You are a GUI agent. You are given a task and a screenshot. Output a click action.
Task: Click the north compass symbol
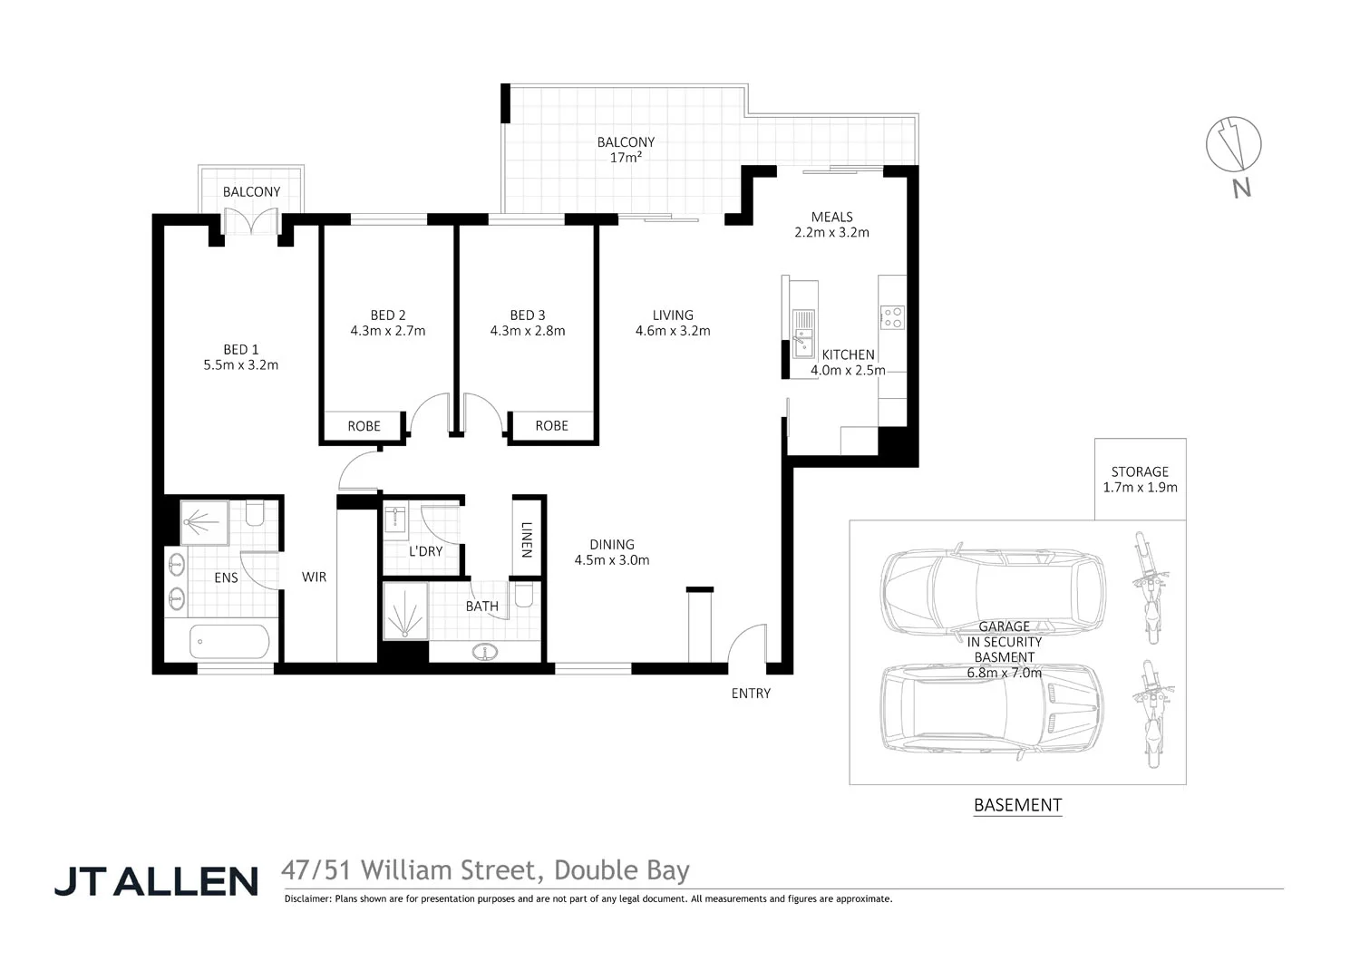tap(1233, 145)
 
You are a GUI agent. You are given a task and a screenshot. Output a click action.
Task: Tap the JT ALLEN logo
tap(156, 880)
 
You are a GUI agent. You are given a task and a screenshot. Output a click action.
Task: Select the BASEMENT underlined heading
tap(1017, 805)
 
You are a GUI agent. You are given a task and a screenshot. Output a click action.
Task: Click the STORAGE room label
tap(1140, 471)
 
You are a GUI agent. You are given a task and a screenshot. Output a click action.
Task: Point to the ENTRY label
tap(751, 694)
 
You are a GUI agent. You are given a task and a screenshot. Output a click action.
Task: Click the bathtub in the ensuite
tap(229, 642)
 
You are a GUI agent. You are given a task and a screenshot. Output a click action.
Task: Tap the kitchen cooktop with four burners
tap(892, 317)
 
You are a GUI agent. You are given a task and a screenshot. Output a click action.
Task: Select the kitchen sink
tap(803, 332)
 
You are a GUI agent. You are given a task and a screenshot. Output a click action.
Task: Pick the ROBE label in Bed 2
tap(364, 426)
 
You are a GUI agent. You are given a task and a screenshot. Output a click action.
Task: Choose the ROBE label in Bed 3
tap(551, 425)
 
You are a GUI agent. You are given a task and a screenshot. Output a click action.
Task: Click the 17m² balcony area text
tap(626, 158)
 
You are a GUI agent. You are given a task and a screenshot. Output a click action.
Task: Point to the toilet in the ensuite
tap(254, 515)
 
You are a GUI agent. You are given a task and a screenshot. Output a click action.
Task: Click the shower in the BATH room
tap(404, 611)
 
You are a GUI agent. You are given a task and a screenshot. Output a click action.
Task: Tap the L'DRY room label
tap(425, 551)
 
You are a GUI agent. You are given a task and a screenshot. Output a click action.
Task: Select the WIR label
tap(314, 577)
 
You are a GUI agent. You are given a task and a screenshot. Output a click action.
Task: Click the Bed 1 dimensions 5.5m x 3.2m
tap(241, 365)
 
